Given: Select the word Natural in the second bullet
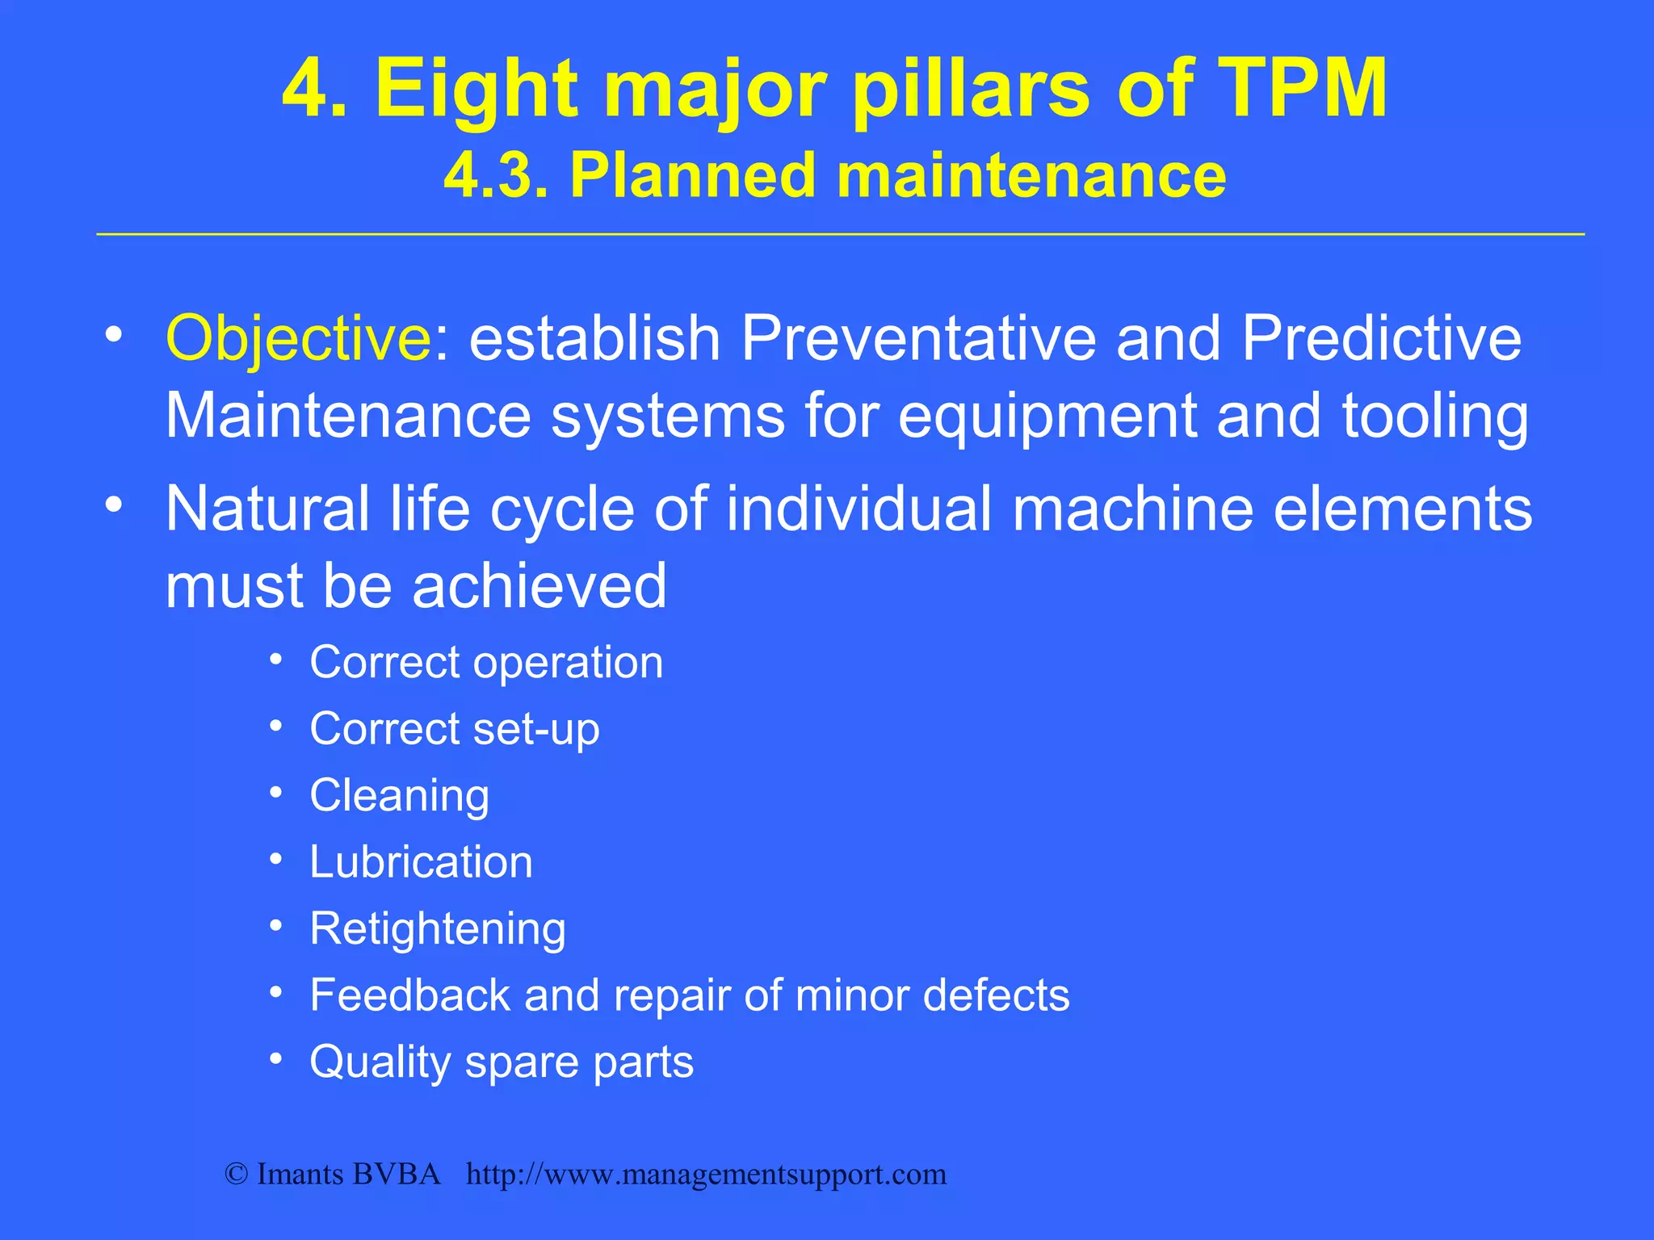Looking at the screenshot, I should (x=267, y=509).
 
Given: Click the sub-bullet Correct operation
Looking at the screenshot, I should (x=486, y=663).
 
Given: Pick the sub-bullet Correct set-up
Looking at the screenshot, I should (x=455, y=730).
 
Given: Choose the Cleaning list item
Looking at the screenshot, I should (x=400, y=796).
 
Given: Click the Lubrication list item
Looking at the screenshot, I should (x=421, y=862).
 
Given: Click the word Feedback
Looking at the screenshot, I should (x=409, y=995).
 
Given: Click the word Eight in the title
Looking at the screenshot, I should (x=476, y=89).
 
